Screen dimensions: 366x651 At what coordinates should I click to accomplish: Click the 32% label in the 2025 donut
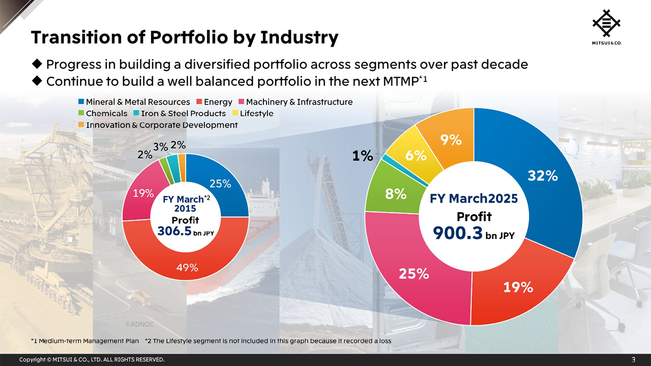pyautogui.click(x=542, y=175)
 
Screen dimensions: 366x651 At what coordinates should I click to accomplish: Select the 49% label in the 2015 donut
pyautogui.click(x=187, y=267)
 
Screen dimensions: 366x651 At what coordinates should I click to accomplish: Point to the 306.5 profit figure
pyautogui.click(x=174, y=231)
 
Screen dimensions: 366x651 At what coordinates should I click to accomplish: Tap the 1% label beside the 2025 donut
pyautogui.click(x=363, y=156)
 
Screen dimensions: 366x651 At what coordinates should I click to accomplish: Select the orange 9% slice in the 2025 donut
pyautogui.click(x=451, y=140)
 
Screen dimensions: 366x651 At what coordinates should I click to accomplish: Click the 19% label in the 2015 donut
pyautogui.click(x=143, y=193)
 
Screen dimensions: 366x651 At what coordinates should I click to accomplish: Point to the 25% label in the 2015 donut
pyautogui.click(x=220, y=184)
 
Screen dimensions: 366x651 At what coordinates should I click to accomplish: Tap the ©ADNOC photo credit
pyautogui.click(x=139, y=324)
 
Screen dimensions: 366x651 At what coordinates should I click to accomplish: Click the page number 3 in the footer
pyautogui.click(x=633, y=360)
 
